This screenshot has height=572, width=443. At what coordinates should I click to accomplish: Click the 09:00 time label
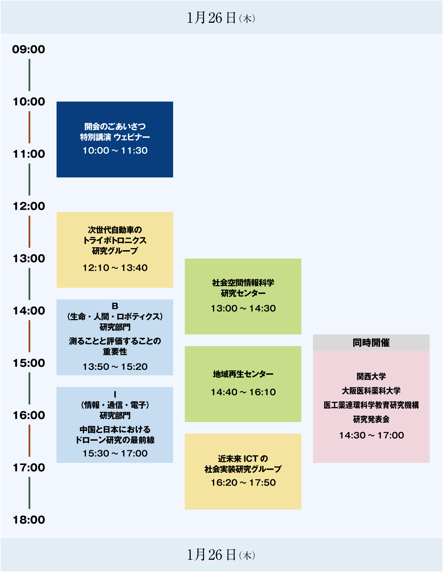(29, 49)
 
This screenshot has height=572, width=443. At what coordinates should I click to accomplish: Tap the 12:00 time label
(29, 206)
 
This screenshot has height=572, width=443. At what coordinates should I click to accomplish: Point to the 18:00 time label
(29, 520)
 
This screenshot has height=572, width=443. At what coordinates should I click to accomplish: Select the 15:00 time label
(29, 363)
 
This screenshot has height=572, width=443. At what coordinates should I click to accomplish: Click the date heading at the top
(221, 18)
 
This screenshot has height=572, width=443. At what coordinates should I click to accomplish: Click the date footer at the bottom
(221, 555)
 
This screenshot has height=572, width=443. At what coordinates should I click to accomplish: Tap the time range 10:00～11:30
(115, 151)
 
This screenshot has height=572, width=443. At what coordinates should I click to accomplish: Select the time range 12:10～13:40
(115, 268)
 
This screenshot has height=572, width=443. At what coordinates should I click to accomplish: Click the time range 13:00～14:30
(243, 308)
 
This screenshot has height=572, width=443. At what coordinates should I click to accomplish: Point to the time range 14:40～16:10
(243, 392)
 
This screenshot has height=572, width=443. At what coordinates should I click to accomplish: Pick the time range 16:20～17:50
(243, 482)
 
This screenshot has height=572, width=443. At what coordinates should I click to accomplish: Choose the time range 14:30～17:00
(372, 435)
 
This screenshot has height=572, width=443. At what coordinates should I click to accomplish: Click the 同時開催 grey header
(371, 343)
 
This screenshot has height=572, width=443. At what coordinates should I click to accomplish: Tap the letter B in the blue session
(115, 306)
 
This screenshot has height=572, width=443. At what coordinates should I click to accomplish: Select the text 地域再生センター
(243, 374)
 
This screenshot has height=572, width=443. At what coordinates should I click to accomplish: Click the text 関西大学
(371, 376)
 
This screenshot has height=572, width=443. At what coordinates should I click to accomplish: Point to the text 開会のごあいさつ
(115, 126)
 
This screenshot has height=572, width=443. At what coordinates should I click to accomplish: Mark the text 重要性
(115, 352)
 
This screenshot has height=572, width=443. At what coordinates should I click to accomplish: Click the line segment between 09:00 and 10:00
(29, 75)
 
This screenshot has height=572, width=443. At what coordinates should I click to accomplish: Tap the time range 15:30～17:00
(115, 453)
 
